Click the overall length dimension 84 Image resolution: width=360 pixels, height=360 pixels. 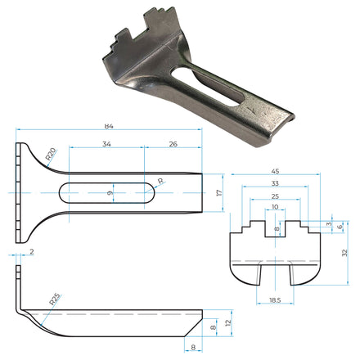(109, 127)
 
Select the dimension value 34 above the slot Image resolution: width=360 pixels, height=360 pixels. (107, 144)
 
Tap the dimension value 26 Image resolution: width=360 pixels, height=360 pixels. (173, 144)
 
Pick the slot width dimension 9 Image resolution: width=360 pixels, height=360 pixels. (110, 193)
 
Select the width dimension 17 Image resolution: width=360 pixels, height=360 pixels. (218, 193)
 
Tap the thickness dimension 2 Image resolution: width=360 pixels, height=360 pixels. (31, 253)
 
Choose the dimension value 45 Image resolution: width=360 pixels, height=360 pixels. (275, 172)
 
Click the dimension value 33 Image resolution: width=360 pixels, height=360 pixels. (275, 184)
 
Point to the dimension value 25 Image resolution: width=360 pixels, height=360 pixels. (275, 196)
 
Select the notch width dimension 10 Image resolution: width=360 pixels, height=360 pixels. (275, 208)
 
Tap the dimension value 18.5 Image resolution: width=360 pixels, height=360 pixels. (275, 301)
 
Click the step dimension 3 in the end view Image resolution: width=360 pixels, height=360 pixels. (328, 224)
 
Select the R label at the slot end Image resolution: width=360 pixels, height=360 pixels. (160, 182)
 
